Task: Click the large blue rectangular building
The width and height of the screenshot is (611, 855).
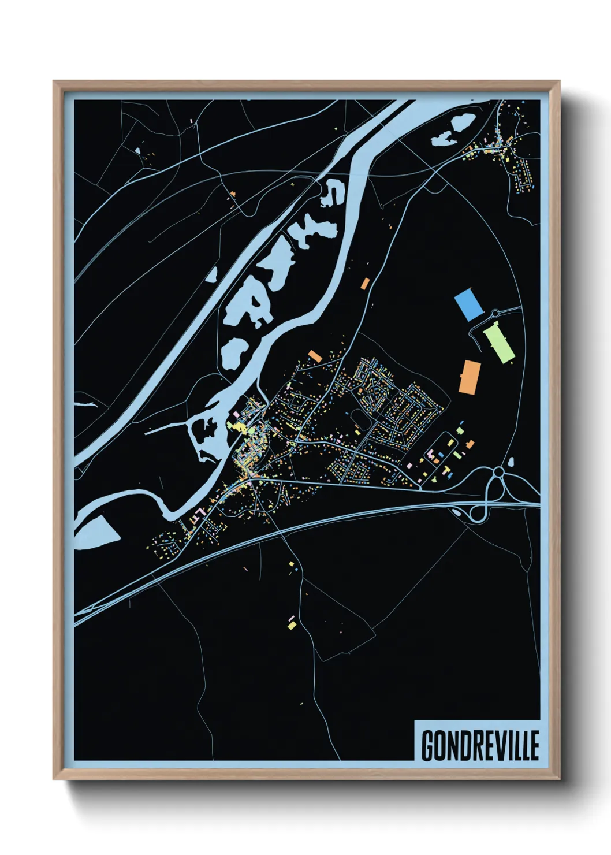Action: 468,306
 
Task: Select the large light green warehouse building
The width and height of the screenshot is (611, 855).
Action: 499,343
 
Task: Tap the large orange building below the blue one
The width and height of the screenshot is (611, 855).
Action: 470,377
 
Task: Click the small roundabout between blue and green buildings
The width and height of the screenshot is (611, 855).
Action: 494,314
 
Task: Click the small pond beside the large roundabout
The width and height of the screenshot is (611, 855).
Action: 511,462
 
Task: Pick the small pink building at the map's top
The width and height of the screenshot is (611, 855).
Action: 192,121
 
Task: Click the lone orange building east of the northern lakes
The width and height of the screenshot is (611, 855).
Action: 364,283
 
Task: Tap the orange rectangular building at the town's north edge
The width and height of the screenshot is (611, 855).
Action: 314,355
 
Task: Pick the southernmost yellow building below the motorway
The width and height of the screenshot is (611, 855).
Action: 292,624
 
